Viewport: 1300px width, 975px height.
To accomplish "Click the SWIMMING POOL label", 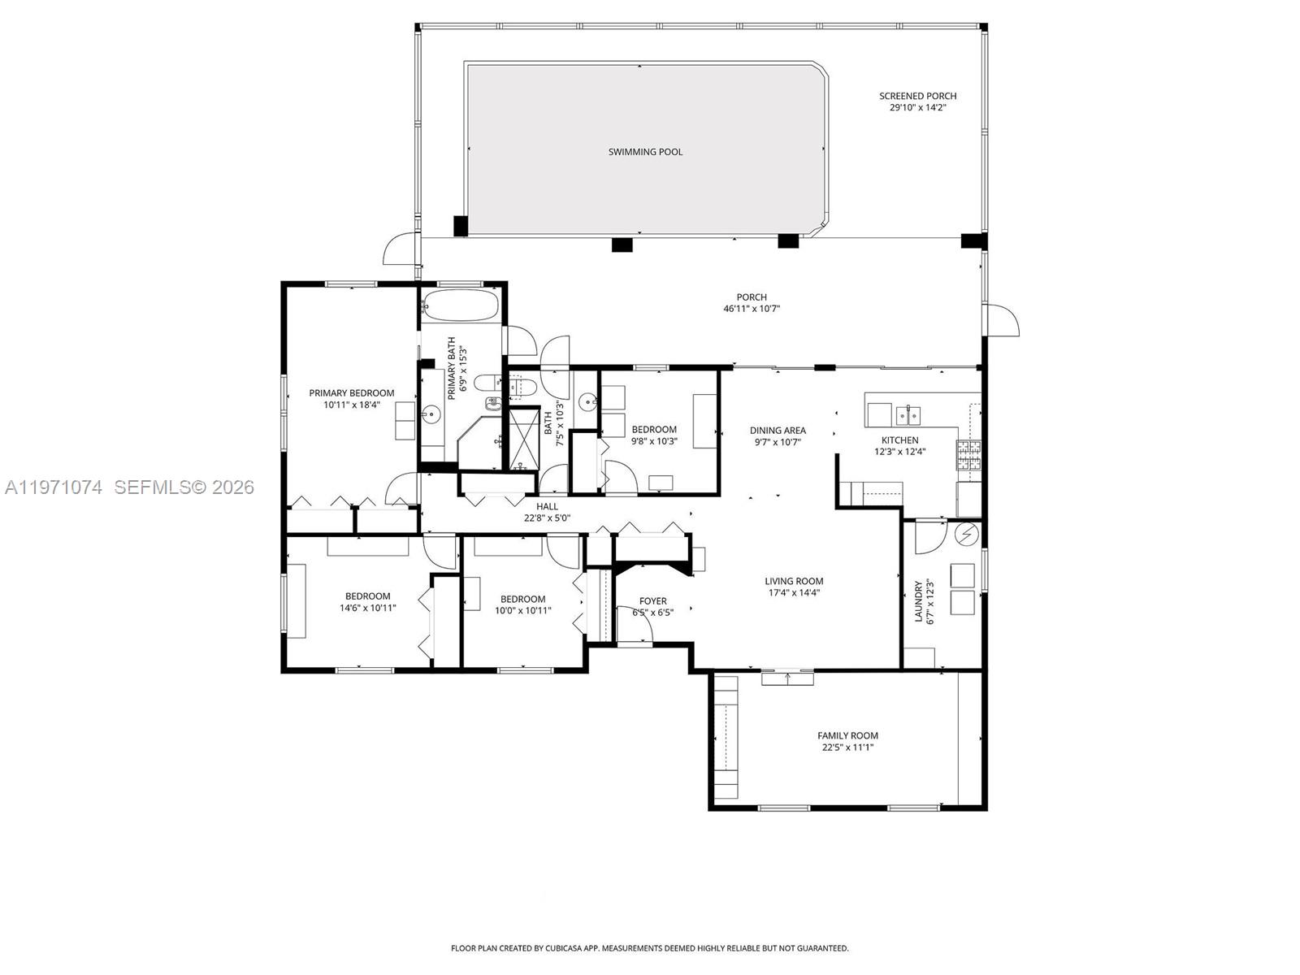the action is pos(645,152).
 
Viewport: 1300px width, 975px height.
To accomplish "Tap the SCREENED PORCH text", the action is pos(917,96).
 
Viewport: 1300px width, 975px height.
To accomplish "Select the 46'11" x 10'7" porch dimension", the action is pos(752,309).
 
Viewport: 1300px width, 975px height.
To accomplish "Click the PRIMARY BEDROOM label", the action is pos(351,393).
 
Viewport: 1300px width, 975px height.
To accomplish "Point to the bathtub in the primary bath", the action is pos(460,305).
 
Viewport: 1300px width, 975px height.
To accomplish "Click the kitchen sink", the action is pos(908,415).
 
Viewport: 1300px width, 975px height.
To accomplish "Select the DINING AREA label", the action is pos(778,431).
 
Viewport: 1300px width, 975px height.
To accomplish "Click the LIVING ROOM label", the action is pos(794,581).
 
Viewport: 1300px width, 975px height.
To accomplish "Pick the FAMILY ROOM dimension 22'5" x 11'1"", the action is pos(847,747).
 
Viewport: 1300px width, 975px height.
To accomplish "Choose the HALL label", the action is pos(547,506).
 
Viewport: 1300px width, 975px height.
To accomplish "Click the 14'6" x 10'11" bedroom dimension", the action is pos(367,608).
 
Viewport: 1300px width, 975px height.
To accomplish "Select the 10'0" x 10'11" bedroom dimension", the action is pos(523,610).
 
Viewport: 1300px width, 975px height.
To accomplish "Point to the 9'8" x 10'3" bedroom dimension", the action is pos(654,441).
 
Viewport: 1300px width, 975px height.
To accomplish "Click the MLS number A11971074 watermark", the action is pos(54,487).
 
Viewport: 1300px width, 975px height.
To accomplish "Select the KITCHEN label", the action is pos(899,440).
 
